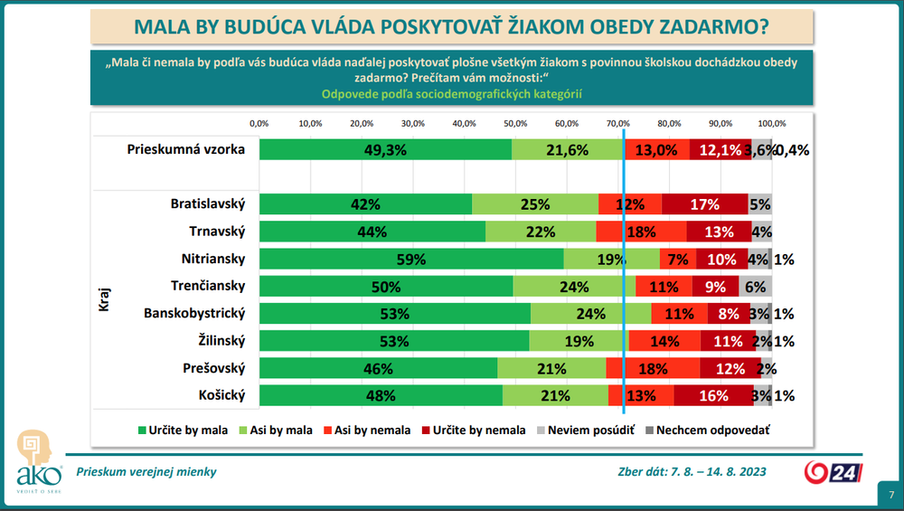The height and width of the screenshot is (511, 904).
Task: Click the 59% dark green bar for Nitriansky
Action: [x=411, y=260]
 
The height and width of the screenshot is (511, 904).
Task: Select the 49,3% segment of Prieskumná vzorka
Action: [x=385, y=150]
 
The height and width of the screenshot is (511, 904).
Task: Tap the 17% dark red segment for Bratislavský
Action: [x=704, y=204]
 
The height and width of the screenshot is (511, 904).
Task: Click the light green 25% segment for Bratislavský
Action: [x=535, y=204]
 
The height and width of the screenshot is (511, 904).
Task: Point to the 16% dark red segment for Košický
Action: [x=713, y=395]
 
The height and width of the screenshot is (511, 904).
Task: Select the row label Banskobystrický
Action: [x=194, y=314]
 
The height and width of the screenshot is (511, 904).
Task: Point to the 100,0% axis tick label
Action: [x=771, y=123]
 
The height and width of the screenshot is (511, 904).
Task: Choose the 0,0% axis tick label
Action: [x=259, y=123]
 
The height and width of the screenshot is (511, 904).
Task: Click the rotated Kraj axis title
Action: [x=103, y=300]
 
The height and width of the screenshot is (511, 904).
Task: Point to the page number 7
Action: [x=890, y=495]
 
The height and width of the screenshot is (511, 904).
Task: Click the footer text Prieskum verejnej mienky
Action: [x=146, y=471]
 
